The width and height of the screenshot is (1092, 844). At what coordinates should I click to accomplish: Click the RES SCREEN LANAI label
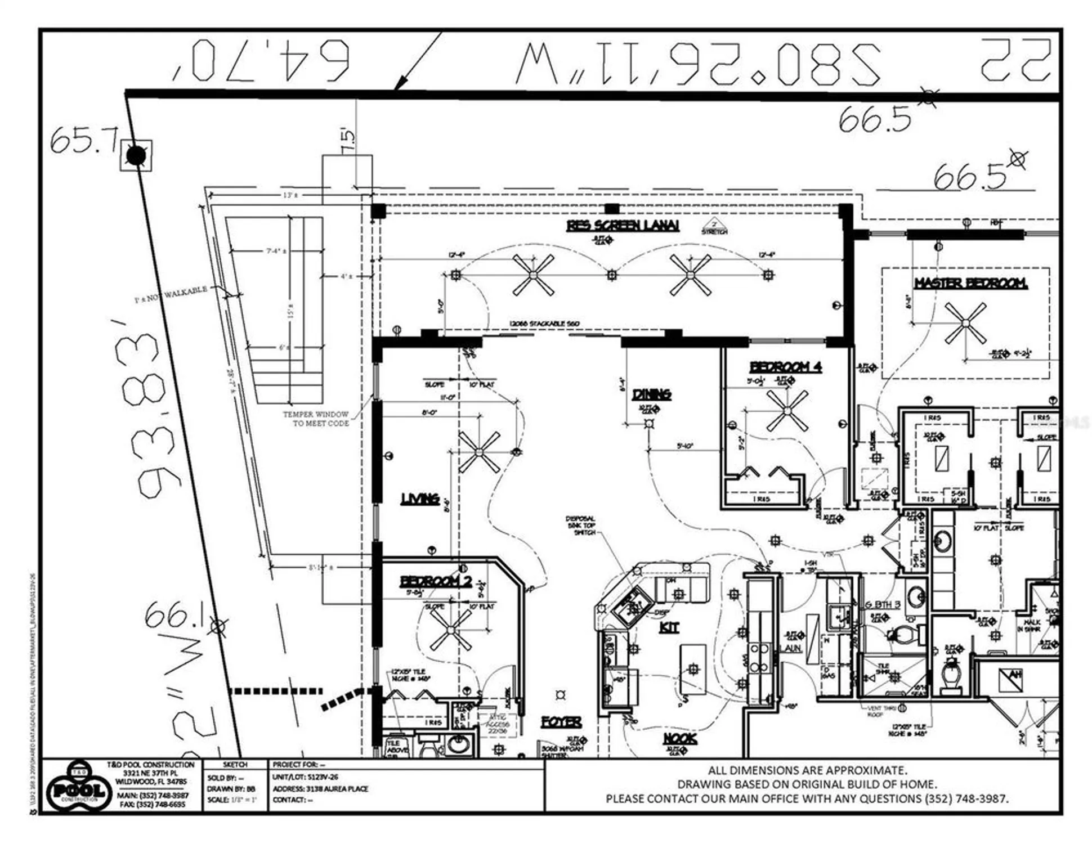(x=623, y=226)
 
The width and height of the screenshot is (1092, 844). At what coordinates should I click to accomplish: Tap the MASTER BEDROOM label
(x=970, y=283)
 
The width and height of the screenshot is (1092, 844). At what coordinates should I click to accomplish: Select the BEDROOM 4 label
(x=786, y=367)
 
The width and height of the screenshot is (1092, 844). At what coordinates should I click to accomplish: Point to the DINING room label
(x=651, y=394)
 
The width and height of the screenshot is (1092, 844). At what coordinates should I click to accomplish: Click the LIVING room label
(x=420, y=499)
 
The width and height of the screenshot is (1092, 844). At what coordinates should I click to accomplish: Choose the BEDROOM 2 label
(x=436, y=581)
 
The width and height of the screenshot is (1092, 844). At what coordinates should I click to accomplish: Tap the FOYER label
(x=561, y=721)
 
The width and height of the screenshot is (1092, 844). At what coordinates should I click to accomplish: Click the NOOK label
(x=680, y=738)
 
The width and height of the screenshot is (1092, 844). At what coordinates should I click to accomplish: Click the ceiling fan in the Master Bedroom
(x=965, y=323)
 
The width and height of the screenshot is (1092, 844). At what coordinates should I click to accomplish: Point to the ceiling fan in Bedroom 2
(x=450, y=630)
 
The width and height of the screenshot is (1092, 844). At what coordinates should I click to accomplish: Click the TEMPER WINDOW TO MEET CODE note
(x=317, y=419)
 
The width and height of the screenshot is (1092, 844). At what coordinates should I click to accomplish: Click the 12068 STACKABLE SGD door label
(x=544, y=324)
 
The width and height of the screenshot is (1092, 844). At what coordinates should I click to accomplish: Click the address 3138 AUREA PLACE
(x=320, y=788)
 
